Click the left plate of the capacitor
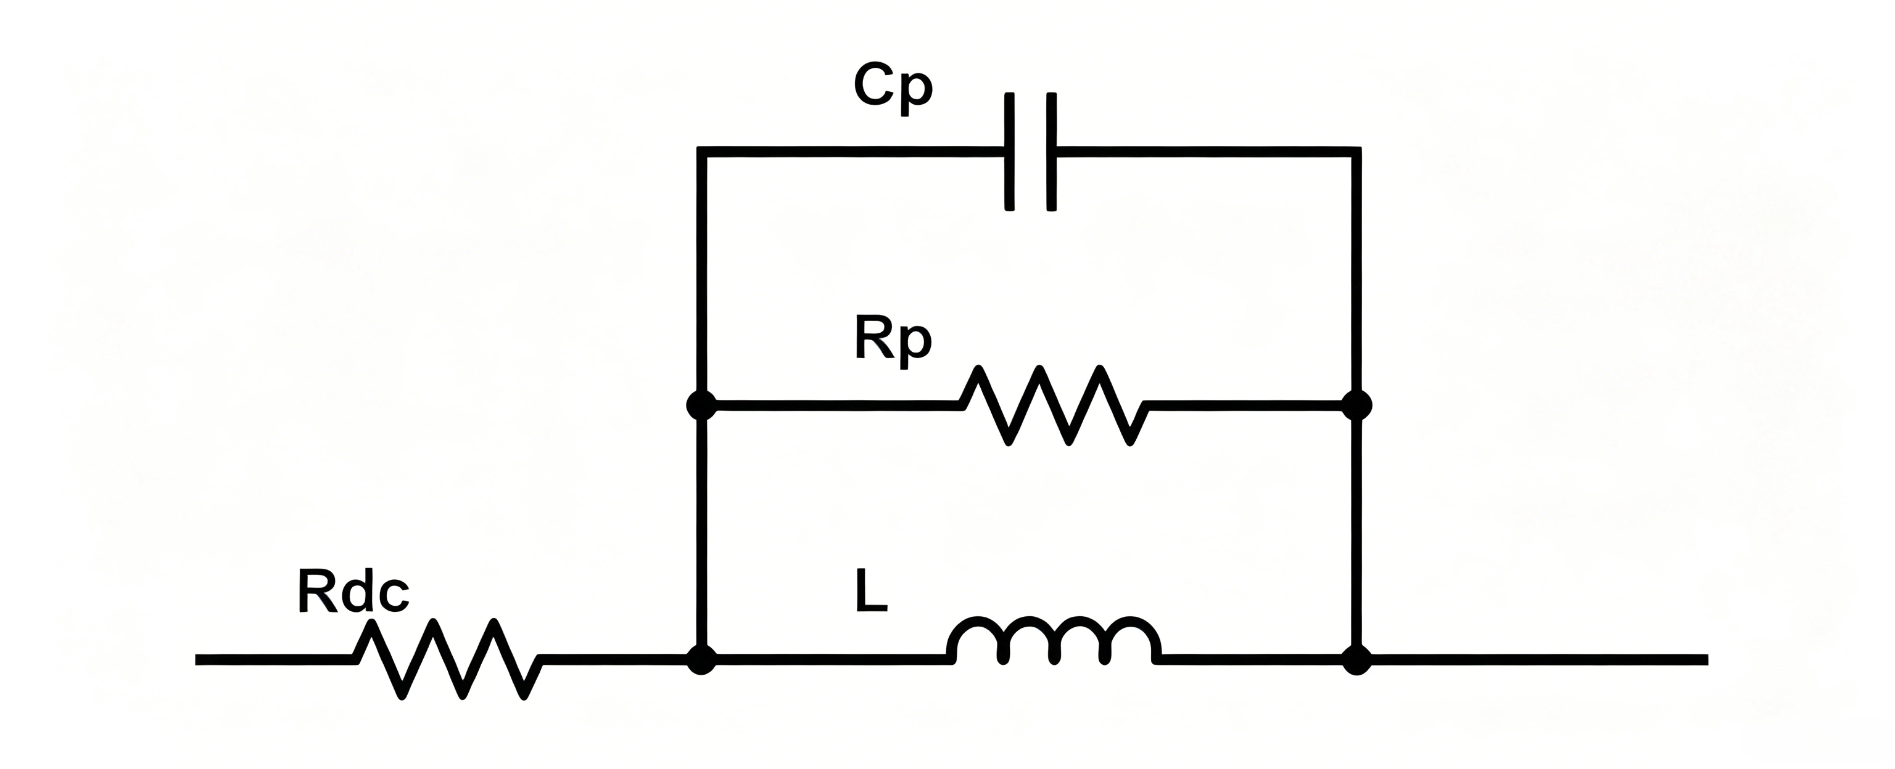click(1010, 152)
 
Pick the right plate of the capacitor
click(1052, 152)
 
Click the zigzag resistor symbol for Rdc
click(448, 659)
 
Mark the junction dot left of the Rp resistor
click(701, 405)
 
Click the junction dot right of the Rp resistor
click(1357, 405)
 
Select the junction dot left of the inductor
click(701, 659)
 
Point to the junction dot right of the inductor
click(1357, 659)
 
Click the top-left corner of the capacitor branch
click(701, 152)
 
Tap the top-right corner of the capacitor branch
click(1357, 152)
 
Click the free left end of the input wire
click(196, 659)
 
